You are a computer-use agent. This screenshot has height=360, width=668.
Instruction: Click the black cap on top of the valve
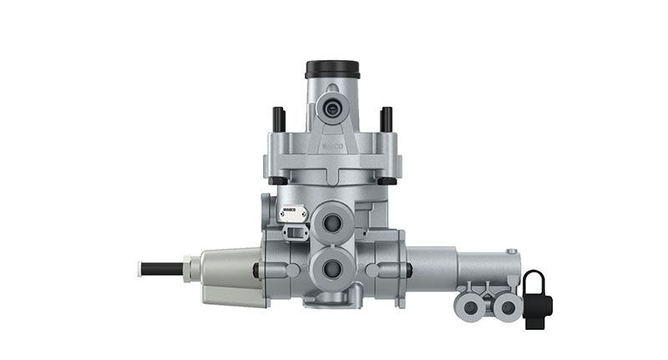click(x=331, y=68)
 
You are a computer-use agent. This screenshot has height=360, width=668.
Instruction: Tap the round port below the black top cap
click(x=332, y=108)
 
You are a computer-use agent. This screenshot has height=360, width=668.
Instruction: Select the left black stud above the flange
click(x=279, y=119)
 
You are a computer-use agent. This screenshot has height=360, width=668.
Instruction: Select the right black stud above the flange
click(x=386, y=119)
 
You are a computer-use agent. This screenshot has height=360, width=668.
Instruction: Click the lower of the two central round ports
click(x=331, y=268)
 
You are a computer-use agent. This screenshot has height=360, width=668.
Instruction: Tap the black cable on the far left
click(x=163, y=268)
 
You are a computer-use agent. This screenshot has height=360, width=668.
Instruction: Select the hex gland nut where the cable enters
click(x=192, y=268)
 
